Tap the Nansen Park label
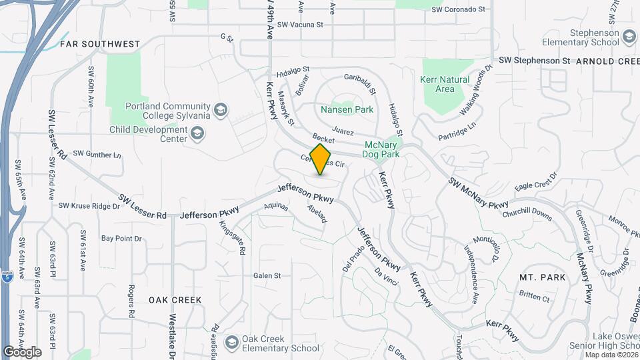click(347, 109)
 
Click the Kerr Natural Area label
click(445, 84)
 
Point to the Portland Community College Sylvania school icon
click(220, 109)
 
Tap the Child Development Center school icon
click(197, 135)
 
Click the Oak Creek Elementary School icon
click(232, 343)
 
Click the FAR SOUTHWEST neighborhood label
click(100, 44)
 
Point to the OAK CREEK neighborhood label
click(175, 300)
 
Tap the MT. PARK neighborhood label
click(543, 277)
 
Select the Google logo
click(22, 352)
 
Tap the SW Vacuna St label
click(300, 24)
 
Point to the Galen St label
click(267, 275)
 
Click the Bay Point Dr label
click(121, 238)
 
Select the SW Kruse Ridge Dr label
click(89, 206)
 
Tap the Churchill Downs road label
click(527, 215)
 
